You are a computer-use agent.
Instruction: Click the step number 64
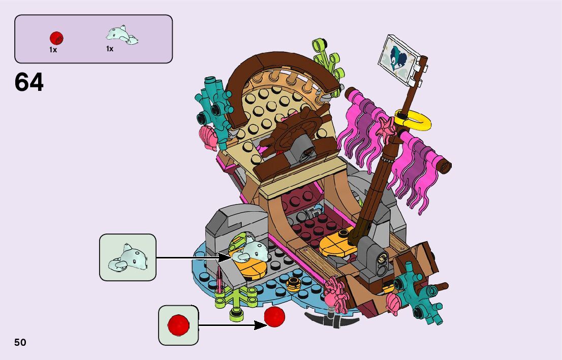click(29, 82)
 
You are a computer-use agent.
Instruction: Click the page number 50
click(20, 342)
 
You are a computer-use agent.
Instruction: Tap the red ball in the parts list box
click(56, 38)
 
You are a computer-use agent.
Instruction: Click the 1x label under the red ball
click(53, 50)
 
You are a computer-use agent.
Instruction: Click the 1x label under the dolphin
click(110, 49)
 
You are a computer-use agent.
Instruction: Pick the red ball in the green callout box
click(178, 325)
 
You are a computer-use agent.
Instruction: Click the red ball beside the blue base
click(275, 317)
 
